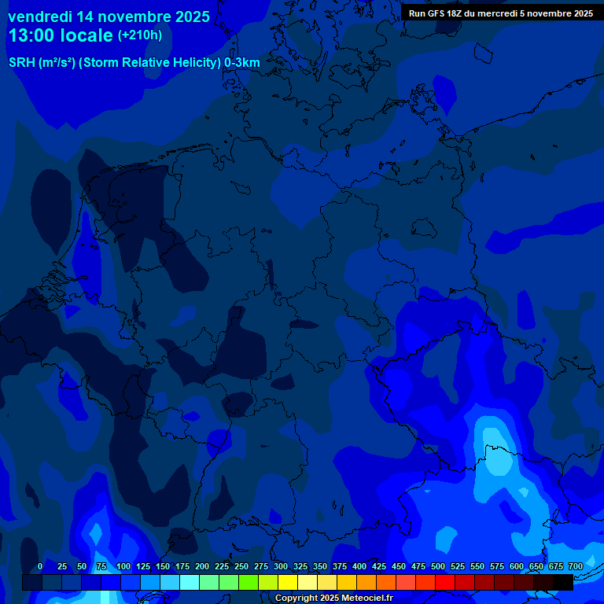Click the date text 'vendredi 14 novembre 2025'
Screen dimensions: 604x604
click(109, 17)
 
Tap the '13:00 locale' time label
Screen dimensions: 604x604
click(61, 35)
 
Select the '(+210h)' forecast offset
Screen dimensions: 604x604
click(140, 35)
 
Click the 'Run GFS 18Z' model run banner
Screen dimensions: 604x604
click(501, 13)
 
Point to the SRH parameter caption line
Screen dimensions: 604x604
click(134, 63)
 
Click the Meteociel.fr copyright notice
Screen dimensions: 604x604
click(333, 598)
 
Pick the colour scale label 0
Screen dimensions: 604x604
click(40, 566)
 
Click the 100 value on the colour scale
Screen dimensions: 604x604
click(123, 566)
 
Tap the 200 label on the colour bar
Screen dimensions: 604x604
click(202, 566)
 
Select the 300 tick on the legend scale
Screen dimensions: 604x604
click(281, 566)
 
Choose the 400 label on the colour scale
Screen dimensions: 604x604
click(359, 566)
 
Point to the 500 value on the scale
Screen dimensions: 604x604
click(438, 566)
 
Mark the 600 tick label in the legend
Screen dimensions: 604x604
click(517, 566)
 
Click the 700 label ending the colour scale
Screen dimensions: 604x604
click(576, 566)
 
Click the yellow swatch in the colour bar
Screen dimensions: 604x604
click(288, 582)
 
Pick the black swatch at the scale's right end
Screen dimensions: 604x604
click(563, 582)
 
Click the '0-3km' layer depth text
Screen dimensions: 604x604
click(242, 63)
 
